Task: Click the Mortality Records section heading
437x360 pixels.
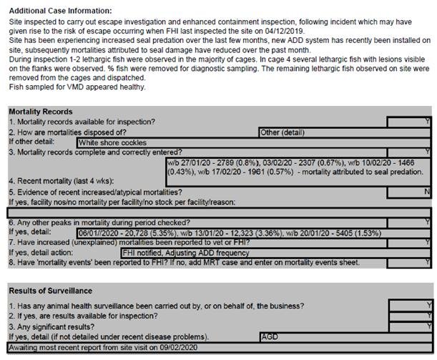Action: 40,112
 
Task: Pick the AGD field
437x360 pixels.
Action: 270,336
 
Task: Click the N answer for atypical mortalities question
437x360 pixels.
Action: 427,193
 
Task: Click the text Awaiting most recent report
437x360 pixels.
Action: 101,347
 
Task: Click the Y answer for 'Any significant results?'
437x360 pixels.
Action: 427,326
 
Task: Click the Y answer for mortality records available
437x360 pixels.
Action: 427,122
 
